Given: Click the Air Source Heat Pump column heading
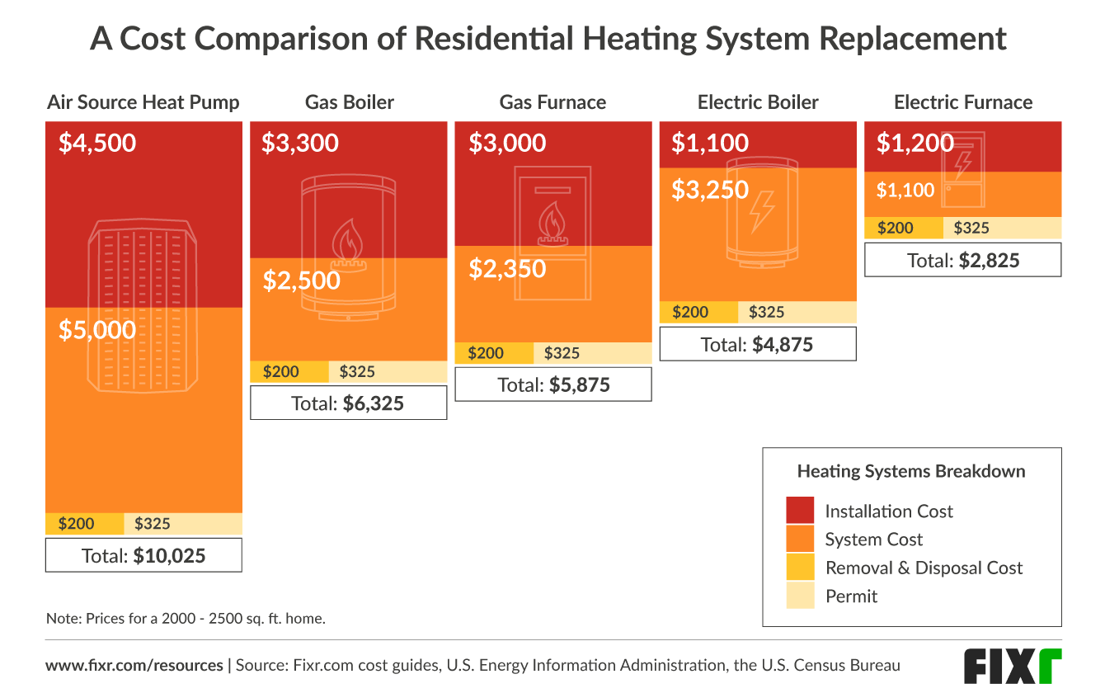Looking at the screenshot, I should pyautogui.click(x=143, y=102).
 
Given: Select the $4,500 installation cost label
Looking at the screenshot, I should pyautogui.click(x=97, y=143).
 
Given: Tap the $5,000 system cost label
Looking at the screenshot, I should pyautogui.click(x=97, y=330).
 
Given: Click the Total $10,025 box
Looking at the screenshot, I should pyautogui.click(x=143, y=555).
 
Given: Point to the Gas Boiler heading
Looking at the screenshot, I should pyautogui.click(x=350, y=102).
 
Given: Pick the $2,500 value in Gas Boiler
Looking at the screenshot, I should pyautogui.click(x=301, y=280).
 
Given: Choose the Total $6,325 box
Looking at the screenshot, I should pyautogui.click(x=348, y=403).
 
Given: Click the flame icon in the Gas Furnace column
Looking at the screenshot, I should pyautogui.click(x=552, y=224).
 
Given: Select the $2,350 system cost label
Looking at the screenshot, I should pyautogui.click(x=507, y=268).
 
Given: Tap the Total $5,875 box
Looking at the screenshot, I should pyautogui.click(x=553, y=384).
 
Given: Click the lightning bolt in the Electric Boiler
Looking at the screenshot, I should pyautogui.click(x=759, y=212).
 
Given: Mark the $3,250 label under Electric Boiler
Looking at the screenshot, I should pyautogui.click(x=709, y=190).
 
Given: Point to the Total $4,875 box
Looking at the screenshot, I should pyautogui.click(x=758, y=344).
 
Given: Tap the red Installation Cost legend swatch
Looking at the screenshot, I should pyautogui.click(x=800, y=511).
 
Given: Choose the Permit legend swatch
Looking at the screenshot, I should pyautogui.click(x=800, y=596).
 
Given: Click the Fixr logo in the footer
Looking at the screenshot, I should pyautogui.click(x=1013, y=666).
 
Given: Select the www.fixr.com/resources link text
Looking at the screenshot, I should pyautogui.click(x=134, y=665).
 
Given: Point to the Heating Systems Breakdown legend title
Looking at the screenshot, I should pyautogui.click(x=911, y=472).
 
